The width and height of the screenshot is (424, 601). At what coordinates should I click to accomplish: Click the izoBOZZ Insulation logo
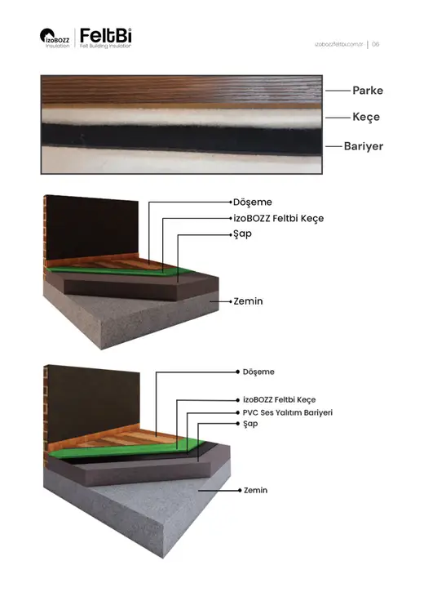click(x=55, y=38)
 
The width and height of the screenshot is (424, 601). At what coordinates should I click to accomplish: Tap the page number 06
click(x=375, y=44)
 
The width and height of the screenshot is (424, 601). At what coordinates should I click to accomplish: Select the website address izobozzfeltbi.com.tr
click(x=338, y=44)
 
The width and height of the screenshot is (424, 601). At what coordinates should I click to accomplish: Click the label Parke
click(x=368, y=91)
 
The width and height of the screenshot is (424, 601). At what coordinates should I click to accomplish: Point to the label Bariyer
click(x=363, y=146)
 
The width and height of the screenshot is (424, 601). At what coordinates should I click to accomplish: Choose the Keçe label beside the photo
click(x=366, y=117)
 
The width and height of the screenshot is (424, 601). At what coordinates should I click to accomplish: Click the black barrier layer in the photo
click(x=181, y=139)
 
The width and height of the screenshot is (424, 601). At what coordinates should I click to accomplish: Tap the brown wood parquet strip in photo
click(x=181, y=91)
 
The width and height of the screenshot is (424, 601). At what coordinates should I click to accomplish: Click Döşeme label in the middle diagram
click(x=253, y=202)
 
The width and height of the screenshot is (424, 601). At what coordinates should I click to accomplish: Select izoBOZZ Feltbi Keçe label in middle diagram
click(x=279, y=219)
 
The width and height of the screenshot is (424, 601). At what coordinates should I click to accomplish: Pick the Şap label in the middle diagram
click(x=243, y=234)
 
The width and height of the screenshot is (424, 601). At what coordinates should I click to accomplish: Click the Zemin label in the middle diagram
click(x=248, y=301)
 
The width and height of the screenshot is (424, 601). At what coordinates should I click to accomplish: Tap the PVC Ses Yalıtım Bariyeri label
click(x=288, y=413)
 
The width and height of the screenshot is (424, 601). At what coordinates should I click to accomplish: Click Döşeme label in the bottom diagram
click(x=258, y=372)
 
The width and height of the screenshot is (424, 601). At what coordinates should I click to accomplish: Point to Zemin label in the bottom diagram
click(x=255, y=490)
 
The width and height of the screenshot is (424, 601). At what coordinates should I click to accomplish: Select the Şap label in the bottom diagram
click(x=250, y=424)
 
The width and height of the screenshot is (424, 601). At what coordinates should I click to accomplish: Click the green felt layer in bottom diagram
click(x=126, y=450)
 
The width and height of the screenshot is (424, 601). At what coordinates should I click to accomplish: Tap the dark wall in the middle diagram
click(x=92, y=228)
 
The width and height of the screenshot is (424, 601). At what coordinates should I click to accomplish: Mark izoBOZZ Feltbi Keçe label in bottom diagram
click(x=280, y=400)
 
